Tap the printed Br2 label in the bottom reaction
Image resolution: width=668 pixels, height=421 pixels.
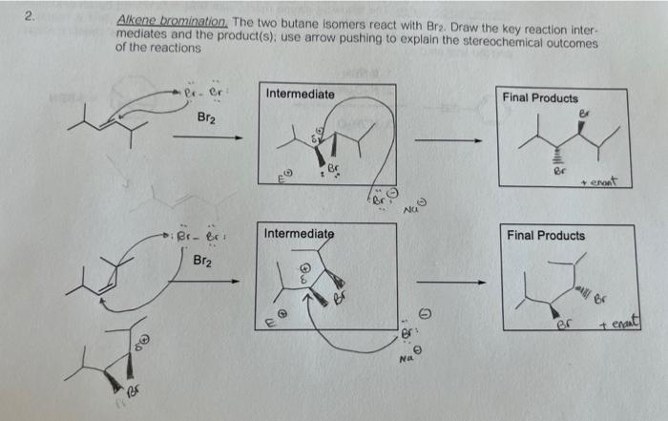202,260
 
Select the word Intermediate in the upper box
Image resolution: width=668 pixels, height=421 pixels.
300,95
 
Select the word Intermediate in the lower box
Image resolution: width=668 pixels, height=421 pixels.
299,234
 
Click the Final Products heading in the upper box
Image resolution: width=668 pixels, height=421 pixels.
539,97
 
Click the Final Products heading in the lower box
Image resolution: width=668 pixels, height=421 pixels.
546,235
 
